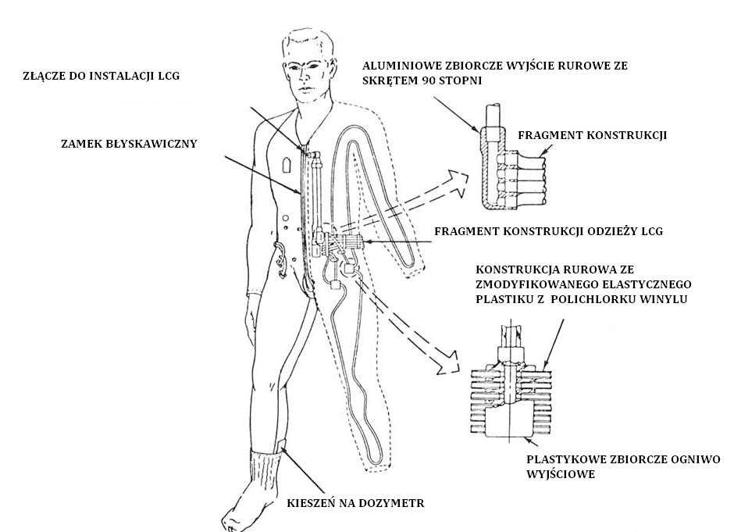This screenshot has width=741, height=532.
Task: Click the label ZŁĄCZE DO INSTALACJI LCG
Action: pos(102,76)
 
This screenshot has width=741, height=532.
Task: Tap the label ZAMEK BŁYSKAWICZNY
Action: pos(129,144)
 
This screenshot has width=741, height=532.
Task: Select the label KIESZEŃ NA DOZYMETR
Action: pos(355,502)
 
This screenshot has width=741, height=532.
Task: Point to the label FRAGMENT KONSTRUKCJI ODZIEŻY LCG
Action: pos(549,231)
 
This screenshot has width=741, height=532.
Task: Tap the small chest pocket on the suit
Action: pos(287,166)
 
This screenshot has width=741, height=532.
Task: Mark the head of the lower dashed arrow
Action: pos(450,361)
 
